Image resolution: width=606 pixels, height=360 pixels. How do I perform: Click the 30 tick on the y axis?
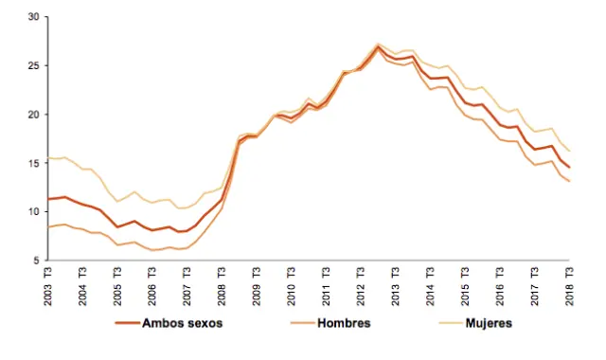33,17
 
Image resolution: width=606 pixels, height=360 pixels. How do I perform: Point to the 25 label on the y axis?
33,66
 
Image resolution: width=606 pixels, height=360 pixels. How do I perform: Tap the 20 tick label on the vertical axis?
33,115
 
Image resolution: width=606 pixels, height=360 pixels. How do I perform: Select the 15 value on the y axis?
33,163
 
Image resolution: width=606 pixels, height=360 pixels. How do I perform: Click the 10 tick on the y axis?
33,211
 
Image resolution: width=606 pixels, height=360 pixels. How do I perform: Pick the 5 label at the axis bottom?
36,261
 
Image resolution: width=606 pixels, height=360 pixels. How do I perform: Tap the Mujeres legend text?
482,323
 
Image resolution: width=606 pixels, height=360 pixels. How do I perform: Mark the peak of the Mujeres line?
378,43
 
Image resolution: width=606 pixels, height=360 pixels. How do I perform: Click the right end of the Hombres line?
569,181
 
